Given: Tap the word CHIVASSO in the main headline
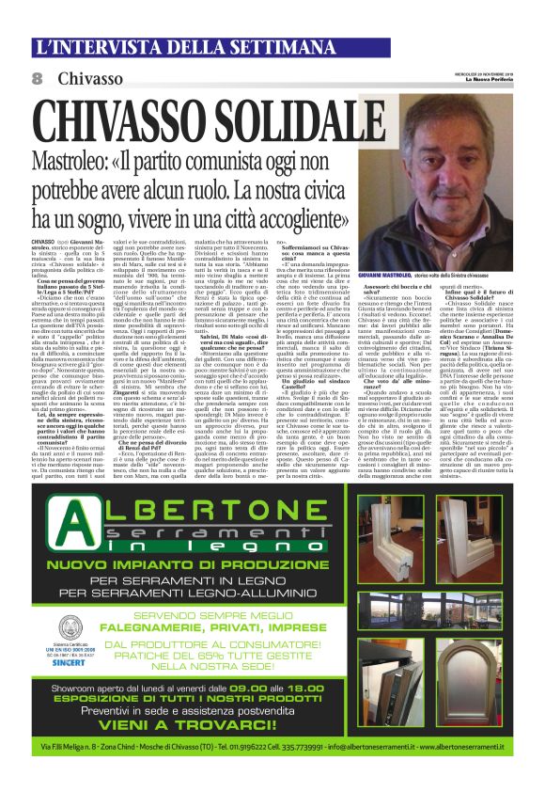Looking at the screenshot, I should (109, 121).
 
